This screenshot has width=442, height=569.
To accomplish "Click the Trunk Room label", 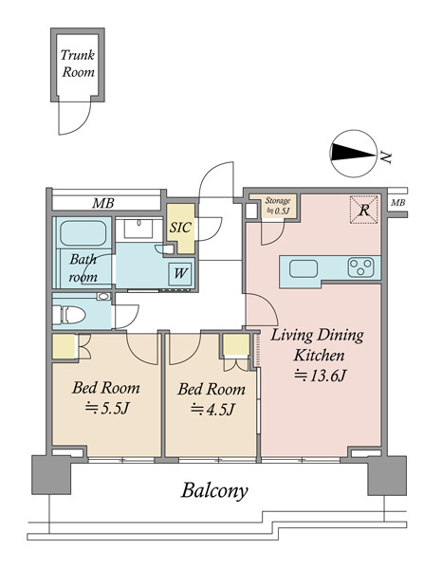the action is pyautogui.click(x=78, y=64).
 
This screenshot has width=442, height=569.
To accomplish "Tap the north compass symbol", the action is pyautogui.click(x=353, y=154).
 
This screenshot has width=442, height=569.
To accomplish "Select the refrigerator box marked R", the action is pyautogui.click(x=364, y=210).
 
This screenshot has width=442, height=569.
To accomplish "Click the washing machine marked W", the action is pyautogui.click(x=180, y=273).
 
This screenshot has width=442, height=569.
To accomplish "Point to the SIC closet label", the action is pyautogui.click(x=180, y=228).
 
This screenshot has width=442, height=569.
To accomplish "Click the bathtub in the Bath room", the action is pyautogui.click(x=83, y=233).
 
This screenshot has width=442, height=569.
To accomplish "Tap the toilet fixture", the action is pyautogui.click(x=69, y=314).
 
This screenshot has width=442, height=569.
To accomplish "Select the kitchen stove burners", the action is pyautogui.click(x=360, y=267).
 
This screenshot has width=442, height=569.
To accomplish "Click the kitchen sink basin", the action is pyautogui.click(x=304, y=269).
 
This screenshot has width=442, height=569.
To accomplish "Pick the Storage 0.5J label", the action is pyautogui.click(x=278, y=206).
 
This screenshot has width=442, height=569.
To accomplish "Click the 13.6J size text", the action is pyautogui.click(x=319, y=376).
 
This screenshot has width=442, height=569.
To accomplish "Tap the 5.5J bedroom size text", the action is pyautogui.click(x=106, y=409).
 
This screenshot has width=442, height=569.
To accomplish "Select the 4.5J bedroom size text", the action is pyautogui.click(x=212, y=410).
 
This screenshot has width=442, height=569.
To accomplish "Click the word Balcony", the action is pyautogui.click(x=214, y=490).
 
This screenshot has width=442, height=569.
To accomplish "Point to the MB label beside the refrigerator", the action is pyautogui.click(x=397, y=203).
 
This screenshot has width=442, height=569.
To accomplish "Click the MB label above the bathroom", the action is pyautogui.click(x=102, y=203).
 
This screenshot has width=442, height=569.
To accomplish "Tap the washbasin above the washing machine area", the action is pyautogui.click(x=138, y=229).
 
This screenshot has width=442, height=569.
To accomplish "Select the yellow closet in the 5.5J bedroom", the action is pyautogui.click(x=64, y=346).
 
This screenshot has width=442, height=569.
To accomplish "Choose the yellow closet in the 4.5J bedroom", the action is pyautogui.click(x=236, y=344).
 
